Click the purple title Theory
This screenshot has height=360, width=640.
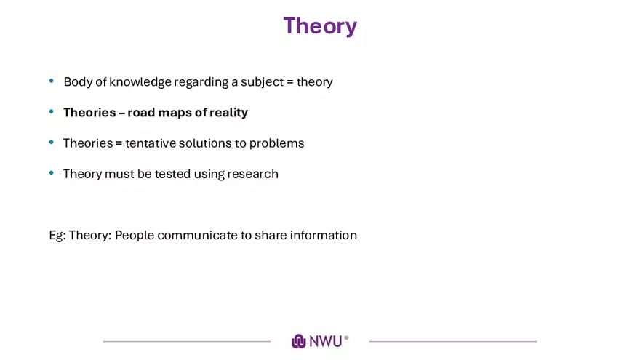(x=320, y=26)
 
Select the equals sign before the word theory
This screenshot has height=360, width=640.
(x=289, y=82)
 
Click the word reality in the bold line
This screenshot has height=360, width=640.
(x=228, y=113)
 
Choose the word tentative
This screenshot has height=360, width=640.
(x=151, y=143)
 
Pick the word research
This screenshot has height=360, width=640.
(x=252, y=174)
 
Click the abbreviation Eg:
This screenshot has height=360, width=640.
(x=57, y=236)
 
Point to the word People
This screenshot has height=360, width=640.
(x=135, y=236)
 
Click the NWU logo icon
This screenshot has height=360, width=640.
(x=298, y=341)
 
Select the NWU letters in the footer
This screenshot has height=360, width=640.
(x=325, y=341)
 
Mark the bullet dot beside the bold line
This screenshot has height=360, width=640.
(x=52, y=111)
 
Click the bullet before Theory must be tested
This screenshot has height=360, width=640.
(x=52, y=172)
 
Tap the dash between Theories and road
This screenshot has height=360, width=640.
(x=121, y=113)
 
